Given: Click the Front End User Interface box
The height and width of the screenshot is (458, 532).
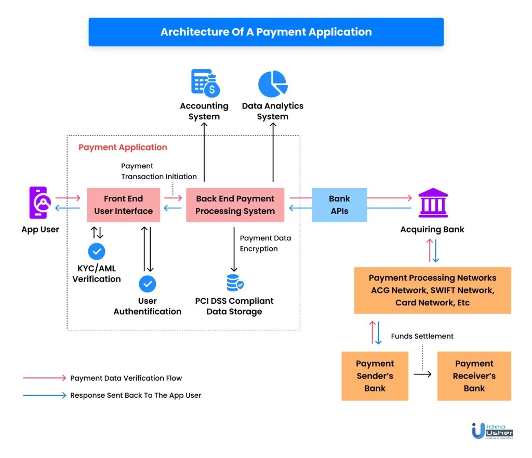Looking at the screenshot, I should (x=123, y=205).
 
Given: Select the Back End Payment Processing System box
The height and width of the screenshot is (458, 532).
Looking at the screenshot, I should (x=235, y=205).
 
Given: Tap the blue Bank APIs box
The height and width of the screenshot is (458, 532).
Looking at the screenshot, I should (x=339, y=205).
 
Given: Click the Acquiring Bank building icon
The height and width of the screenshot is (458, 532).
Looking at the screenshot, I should (x=433, y=203).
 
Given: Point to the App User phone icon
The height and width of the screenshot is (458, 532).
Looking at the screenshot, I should (x=38, y=203).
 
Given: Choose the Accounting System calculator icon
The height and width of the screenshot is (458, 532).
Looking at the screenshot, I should (x=205, y=83).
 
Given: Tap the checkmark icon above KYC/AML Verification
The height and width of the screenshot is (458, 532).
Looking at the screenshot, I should (x=96, y=251).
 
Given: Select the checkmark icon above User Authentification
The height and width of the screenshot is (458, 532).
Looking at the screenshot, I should (x=148, y=284).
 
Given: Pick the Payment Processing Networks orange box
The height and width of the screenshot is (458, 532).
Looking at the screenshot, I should (x=432, y=290).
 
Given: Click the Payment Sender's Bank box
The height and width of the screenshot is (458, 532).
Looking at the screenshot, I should (x=375, y=376).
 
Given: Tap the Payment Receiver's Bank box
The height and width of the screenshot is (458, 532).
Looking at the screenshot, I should (x=474, y=376).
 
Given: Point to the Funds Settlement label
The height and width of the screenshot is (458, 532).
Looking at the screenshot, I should (x=422, y=336).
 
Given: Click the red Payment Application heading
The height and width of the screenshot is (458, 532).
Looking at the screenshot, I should (x=123, y=147).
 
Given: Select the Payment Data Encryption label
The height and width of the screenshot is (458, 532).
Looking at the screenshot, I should (x=265, y=244).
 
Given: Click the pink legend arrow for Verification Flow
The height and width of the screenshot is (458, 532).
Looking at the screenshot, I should (x=45, y=378).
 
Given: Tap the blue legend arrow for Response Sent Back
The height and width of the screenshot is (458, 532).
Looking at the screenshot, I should (x=45, y=395).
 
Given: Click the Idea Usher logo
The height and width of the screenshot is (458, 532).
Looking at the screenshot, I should (x=492, y=430).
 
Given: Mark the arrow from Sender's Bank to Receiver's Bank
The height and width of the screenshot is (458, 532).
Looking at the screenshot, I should (x=422, y=374).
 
